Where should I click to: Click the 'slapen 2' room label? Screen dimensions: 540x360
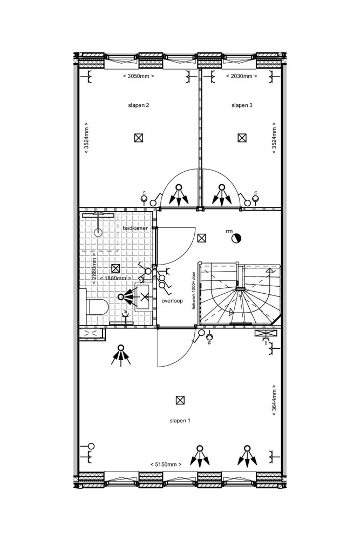point(139,105)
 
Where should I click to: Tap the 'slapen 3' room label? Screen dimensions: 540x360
point(242,105)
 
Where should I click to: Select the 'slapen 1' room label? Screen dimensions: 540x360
point(180,420)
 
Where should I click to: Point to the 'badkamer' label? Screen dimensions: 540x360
point(135,228)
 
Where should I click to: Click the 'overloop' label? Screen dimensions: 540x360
point(172,300)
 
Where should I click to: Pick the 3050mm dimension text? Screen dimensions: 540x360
point(139,76)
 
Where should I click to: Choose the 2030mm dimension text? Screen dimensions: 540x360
point(241,76)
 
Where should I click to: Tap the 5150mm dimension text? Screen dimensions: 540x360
point(166,464)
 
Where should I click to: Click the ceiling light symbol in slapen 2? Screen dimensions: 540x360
point(139,138)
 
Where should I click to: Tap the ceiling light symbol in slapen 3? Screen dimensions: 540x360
point(242,138)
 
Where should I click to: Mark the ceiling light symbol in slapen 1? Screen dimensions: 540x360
point(180,400)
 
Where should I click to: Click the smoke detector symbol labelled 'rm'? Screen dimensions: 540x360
point(236,238)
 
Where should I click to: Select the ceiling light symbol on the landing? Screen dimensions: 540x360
point(202,238)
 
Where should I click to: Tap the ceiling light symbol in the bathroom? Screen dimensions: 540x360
point(115,268)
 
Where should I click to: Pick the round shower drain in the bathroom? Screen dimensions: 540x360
point(98,233)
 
